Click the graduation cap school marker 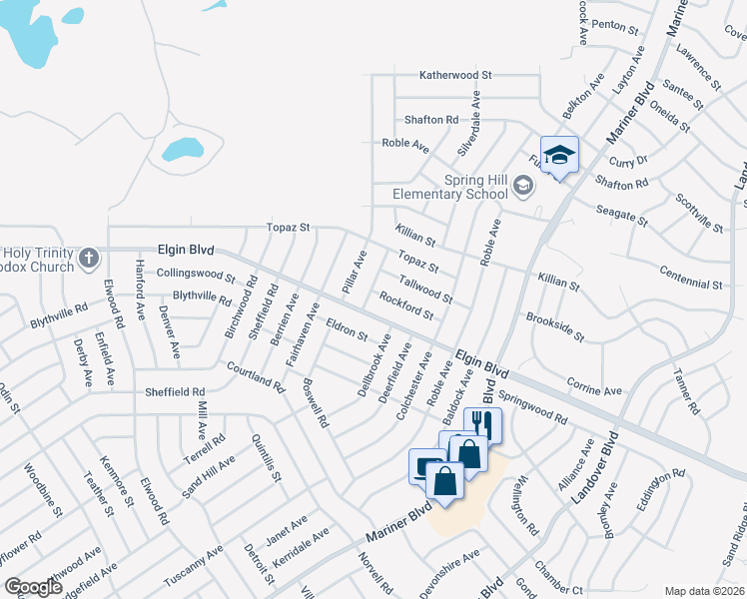(x=559, y=155)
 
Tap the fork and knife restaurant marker (x=481, y=423)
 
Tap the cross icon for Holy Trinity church (x=89, y=259)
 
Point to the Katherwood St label (x=456, y=75)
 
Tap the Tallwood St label (x=425, y=292)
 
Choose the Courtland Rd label (x=255, y=375)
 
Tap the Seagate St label (x=622, y=213)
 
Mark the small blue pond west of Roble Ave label (x=182, y=150)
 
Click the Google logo (x=32, y=587)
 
